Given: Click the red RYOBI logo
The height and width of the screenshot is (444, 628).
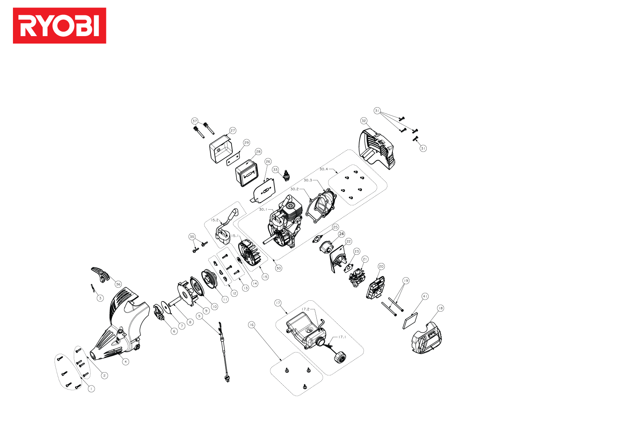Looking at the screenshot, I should coord(59,26).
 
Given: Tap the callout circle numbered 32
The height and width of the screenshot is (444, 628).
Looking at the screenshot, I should coord(364,121).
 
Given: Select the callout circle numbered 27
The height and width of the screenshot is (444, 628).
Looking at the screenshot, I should coord(233,131).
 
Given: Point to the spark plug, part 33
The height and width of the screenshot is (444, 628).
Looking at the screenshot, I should coord(287,177).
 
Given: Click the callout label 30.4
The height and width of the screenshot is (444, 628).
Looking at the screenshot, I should coord(323,169).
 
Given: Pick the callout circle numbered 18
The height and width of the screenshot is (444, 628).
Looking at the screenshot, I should coord(440,308).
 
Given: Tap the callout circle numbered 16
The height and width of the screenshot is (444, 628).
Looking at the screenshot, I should coord(252,325).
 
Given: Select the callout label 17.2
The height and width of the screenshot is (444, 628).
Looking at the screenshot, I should coord(305,309).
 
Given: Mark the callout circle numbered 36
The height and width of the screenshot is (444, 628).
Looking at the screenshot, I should coord(118,284).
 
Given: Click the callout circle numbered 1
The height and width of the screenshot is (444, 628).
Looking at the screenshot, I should coord(91,389).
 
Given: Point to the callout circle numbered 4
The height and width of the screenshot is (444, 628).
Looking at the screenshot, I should coord(126,362).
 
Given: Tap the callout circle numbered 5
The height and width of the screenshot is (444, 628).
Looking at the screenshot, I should coord(199,316).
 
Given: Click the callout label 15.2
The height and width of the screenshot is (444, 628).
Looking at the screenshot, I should coord(215,220).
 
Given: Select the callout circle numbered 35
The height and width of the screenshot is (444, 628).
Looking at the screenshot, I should coord(192,237).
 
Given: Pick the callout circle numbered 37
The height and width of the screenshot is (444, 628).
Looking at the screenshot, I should coord(195,121).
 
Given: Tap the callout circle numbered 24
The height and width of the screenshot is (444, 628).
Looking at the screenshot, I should coord(341,234).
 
